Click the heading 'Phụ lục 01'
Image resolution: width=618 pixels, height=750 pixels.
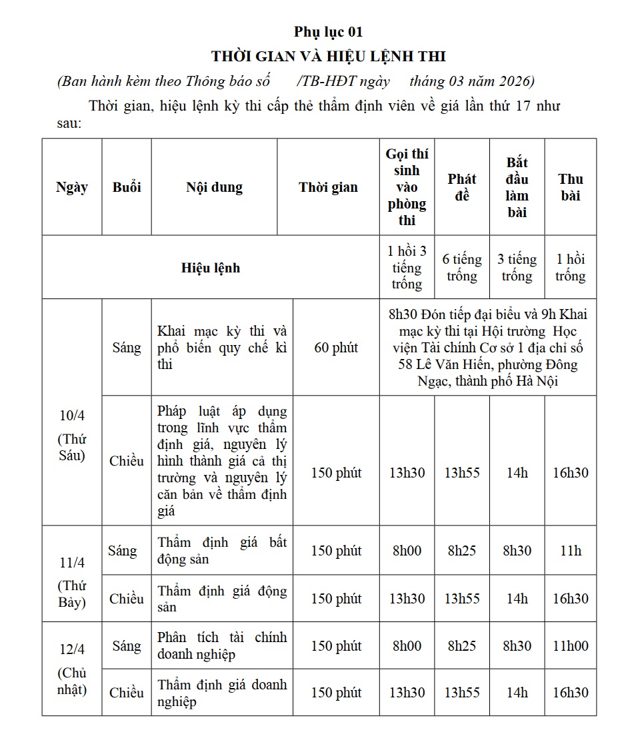[x=329, y=32]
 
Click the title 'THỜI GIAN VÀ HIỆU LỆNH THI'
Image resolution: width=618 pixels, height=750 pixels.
[x=329, y=55]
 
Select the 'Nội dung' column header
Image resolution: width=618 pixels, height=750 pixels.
[x=214, y=187]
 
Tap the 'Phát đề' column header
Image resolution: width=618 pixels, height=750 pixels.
[x=462, y=187]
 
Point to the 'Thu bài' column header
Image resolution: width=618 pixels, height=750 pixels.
[x=571, y=187]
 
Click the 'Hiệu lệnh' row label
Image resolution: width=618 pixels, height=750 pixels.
[x=211, y=268]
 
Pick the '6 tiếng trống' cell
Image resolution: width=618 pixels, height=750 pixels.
[x=462, y=268]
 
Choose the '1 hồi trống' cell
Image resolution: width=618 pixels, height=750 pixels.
[x=571, y=268]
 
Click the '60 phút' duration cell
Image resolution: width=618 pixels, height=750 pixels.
[x=336, y=348]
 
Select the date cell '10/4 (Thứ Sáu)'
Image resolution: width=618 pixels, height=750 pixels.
[x=72, y=436]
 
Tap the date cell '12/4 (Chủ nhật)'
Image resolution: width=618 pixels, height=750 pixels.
[x=72, y=669]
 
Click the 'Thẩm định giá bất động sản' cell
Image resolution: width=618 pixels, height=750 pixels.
[x=222, y=551]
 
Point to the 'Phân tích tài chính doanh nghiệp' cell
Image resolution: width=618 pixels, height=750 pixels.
[x=222, y=645]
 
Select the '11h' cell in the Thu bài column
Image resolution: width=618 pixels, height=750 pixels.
[x=571, y=551]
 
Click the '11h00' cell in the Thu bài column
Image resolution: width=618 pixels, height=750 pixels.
[x=571, y=645]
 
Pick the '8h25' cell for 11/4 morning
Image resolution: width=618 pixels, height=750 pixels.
[x=462, y=551]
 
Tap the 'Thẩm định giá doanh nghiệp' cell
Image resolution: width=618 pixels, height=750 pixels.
[x=222, y=693]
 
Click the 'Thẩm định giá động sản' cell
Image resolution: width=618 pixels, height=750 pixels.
[x=222, y=598]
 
